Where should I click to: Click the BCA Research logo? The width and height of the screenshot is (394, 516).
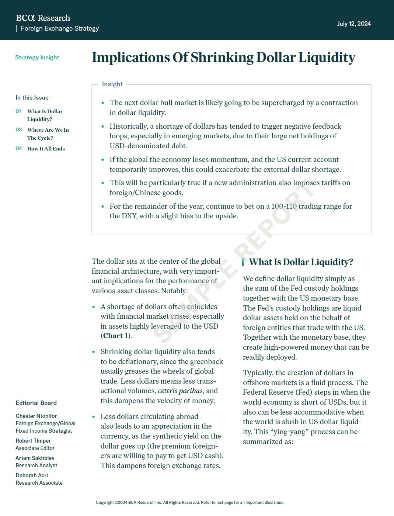point(43,18)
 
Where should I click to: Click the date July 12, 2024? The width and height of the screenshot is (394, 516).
point(354,24)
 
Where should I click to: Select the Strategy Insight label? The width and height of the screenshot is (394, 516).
point(37,58)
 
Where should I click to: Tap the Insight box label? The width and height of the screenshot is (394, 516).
point(112,84)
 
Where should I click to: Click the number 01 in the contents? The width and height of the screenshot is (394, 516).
point(18,111)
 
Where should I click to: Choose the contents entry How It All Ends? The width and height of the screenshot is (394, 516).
point(46,149)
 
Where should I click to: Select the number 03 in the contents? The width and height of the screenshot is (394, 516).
point(19,130)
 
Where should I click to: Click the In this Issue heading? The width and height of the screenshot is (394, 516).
point(32,98)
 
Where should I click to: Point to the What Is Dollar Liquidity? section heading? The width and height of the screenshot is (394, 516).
point(301,262)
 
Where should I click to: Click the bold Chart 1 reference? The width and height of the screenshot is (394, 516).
point(115,336)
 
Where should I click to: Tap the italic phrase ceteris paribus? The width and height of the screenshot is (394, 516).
point(181,391)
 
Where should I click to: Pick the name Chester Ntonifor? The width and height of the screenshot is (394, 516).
point(36,416)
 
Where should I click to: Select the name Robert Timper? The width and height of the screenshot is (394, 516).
point(33,441)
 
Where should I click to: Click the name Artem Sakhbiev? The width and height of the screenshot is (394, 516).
point(35,458)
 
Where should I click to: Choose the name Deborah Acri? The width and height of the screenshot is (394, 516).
point(32,475)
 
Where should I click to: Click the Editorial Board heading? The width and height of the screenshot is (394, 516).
point(36,403)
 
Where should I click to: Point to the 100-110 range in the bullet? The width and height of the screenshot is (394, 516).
point(284,206)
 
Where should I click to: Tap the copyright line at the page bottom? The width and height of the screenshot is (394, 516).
point(190,502)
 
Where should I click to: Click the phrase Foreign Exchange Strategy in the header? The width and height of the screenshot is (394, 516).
point(60,28)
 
